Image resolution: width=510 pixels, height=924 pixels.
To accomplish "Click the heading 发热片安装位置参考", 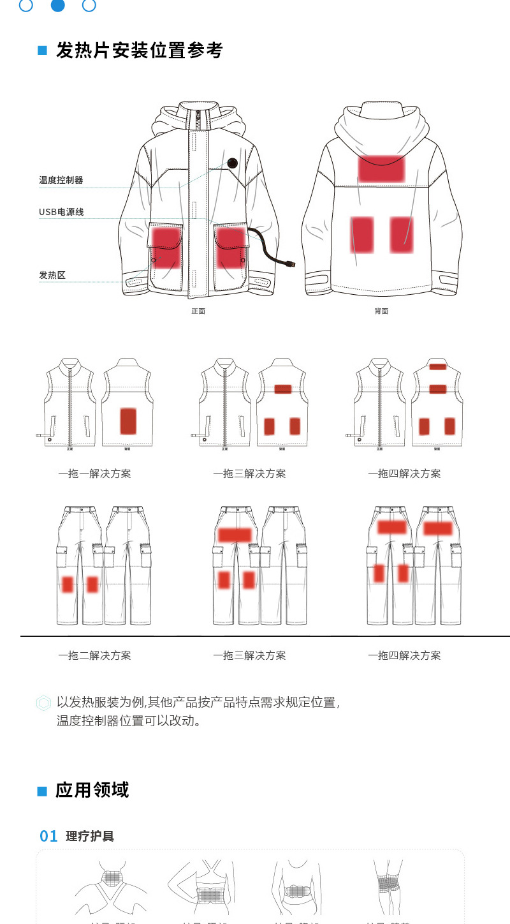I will tap(139, 50).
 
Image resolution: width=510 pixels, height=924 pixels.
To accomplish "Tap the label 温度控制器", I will tap(61, 181).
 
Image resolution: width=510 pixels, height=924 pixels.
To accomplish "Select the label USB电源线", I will tap(61, 212).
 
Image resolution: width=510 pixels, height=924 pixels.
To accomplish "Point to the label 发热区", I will tap(52, 276).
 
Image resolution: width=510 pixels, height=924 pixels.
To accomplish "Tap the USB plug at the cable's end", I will tap(290, 263).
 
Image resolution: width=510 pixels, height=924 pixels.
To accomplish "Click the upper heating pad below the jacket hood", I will tap(381, 168).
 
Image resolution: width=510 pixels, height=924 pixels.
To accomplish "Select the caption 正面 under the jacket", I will tap(198, 311).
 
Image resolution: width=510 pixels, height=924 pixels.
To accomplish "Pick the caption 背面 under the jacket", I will tap(381, 311).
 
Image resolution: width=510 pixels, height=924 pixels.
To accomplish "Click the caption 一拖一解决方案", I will tap(94, 473).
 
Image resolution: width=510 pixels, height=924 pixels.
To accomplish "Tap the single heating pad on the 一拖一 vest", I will tap(128, 421).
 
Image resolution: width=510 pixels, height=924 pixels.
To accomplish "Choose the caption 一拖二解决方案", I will tap(94, 655).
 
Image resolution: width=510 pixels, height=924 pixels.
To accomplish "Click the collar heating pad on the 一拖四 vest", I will tap(437, 367).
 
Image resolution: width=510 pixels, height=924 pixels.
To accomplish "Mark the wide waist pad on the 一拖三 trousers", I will tap(235, 535).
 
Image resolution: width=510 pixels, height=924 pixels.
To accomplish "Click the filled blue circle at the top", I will tap(57, 5).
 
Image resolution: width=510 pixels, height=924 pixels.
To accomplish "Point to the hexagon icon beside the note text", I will tap(43, 703).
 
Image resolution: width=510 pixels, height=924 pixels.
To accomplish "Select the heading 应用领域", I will tap(92, 790).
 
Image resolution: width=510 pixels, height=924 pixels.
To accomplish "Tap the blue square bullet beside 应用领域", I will tap(43, 791).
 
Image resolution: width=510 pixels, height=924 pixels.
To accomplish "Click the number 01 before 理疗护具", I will tap(48, 836).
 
